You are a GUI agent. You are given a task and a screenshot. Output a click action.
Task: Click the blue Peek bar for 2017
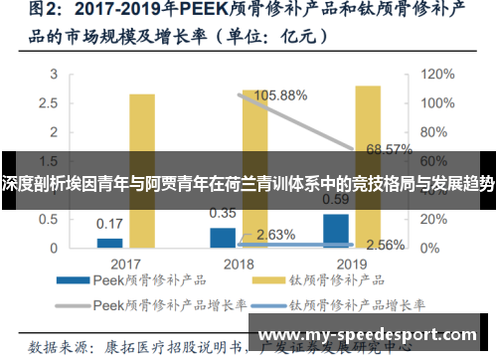point(109,242)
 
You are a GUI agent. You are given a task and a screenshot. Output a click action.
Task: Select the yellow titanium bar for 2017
point(142,170)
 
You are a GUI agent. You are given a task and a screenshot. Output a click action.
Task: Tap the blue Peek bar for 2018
point(223,237)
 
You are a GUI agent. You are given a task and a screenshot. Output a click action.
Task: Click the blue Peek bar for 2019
point(336,230)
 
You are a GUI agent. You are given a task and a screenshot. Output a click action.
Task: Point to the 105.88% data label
point(281,95)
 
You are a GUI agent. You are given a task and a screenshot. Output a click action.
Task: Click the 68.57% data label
point(389,149)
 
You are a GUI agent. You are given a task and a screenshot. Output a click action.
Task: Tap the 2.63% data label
point(274,235)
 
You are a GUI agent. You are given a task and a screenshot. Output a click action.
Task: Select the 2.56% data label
point(384,244)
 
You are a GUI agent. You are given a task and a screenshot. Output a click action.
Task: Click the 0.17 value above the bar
point(109,223)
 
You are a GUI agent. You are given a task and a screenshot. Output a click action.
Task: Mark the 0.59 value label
point(336,199)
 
